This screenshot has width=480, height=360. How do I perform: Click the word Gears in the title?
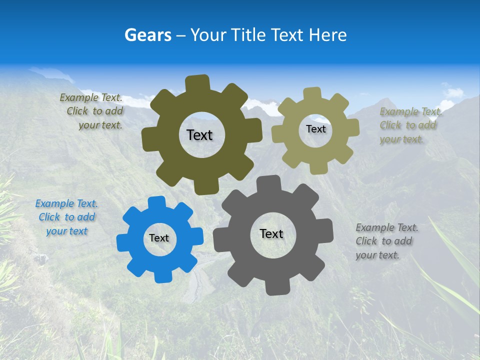(148, 35)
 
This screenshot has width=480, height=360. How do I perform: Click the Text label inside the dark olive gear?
(199, 135)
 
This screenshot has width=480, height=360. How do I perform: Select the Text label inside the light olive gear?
(315, 129)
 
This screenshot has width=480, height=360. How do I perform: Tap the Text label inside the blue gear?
(159, 238)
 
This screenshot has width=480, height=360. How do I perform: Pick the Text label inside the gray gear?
(271, 233)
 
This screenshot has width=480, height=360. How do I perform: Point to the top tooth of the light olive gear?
(312, 94)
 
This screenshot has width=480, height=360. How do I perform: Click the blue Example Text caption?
(66, 217)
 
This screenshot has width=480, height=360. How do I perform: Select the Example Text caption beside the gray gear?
(386, 241)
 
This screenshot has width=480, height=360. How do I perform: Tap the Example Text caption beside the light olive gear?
(410, 125)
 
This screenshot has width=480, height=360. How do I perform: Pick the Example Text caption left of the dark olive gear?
(92, 111)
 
